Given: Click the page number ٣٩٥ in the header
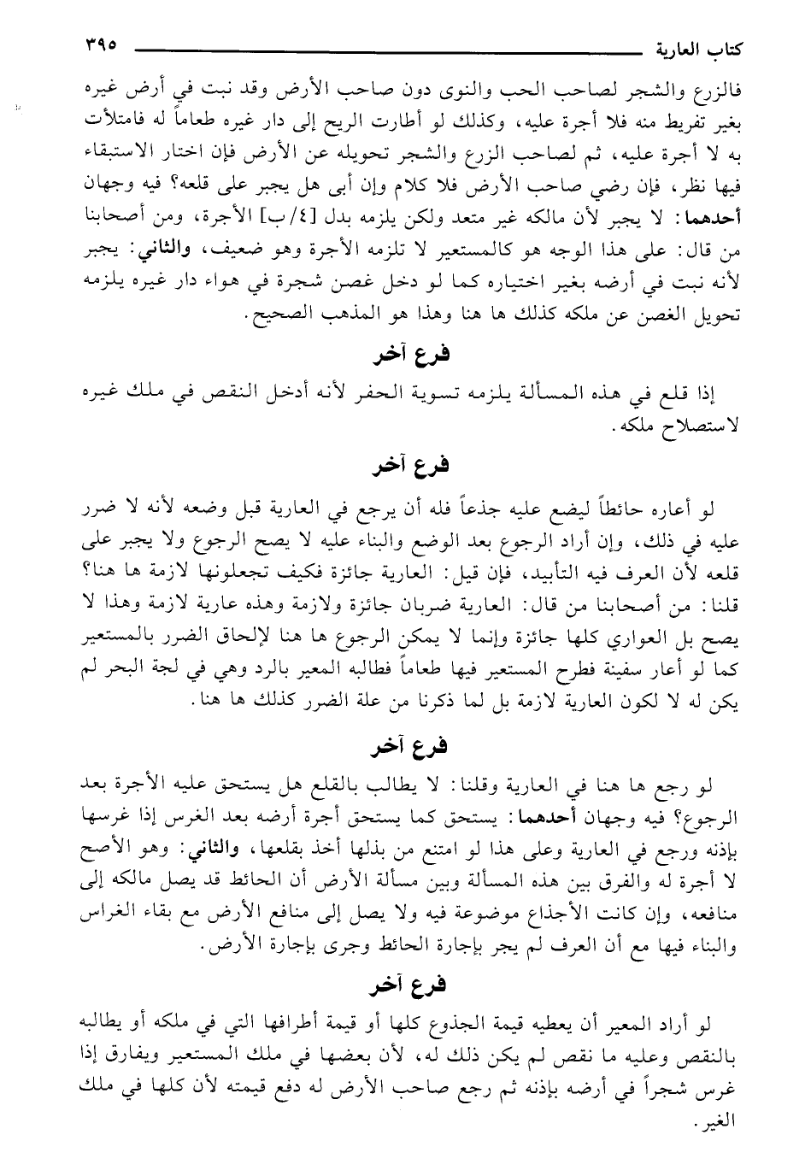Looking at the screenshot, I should tap(96, 44).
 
